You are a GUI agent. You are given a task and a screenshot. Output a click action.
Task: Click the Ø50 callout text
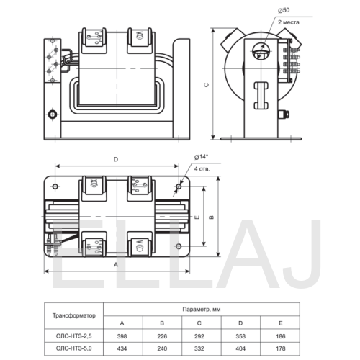click(x=284, y=10)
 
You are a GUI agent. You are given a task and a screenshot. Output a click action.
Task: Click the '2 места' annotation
click(x=289, y=22)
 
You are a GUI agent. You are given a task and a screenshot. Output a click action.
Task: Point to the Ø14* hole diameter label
click(x=201, y=157)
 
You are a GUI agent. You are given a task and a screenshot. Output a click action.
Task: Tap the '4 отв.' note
click(x=202, y=169)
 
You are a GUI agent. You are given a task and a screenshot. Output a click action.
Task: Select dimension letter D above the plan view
click(x=116, y=160)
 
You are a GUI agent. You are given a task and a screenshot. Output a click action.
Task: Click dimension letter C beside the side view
click(x=206, y=85)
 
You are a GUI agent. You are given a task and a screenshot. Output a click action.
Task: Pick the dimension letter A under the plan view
click(x=116, y=264)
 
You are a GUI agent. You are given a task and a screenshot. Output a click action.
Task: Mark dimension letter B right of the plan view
click(x=212, y=217)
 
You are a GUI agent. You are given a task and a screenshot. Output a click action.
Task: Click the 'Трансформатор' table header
click(x=74, y=315)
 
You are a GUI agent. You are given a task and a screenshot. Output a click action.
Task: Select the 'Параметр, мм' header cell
click(x=202, y=310)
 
